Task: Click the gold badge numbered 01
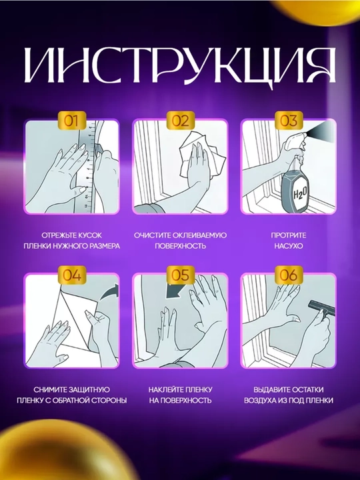(71, 121)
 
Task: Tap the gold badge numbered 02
(180, 121)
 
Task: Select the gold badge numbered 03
(289, 121)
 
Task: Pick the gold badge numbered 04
(71, 275)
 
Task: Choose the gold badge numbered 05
(180, 275)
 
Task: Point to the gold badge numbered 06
(289, 275)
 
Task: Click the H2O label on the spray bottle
(300, 193)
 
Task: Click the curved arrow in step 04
(109, 291)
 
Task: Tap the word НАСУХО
(289, 246)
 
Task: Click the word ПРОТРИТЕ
(289, 235)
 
